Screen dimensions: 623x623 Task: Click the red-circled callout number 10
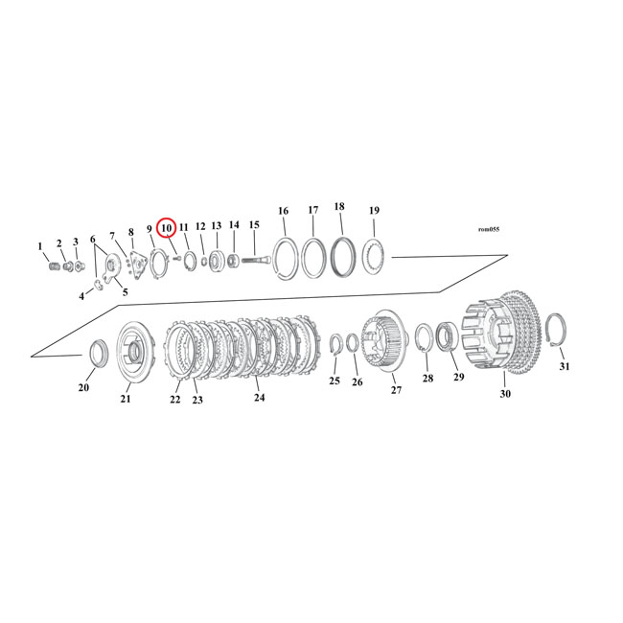tap(166, 228)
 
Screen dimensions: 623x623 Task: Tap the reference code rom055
tap(489, 229)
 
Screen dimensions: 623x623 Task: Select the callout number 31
tap(564, 366)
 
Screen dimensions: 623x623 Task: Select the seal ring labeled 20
tap(97, 353)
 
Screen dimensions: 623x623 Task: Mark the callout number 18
tap(339, 207)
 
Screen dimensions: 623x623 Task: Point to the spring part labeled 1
tap(54, 265)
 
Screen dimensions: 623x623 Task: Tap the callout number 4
tap(81, 296)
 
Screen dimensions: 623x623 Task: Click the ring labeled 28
tap(425, 340)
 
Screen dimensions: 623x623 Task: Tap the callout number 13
tap(216, 226)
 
